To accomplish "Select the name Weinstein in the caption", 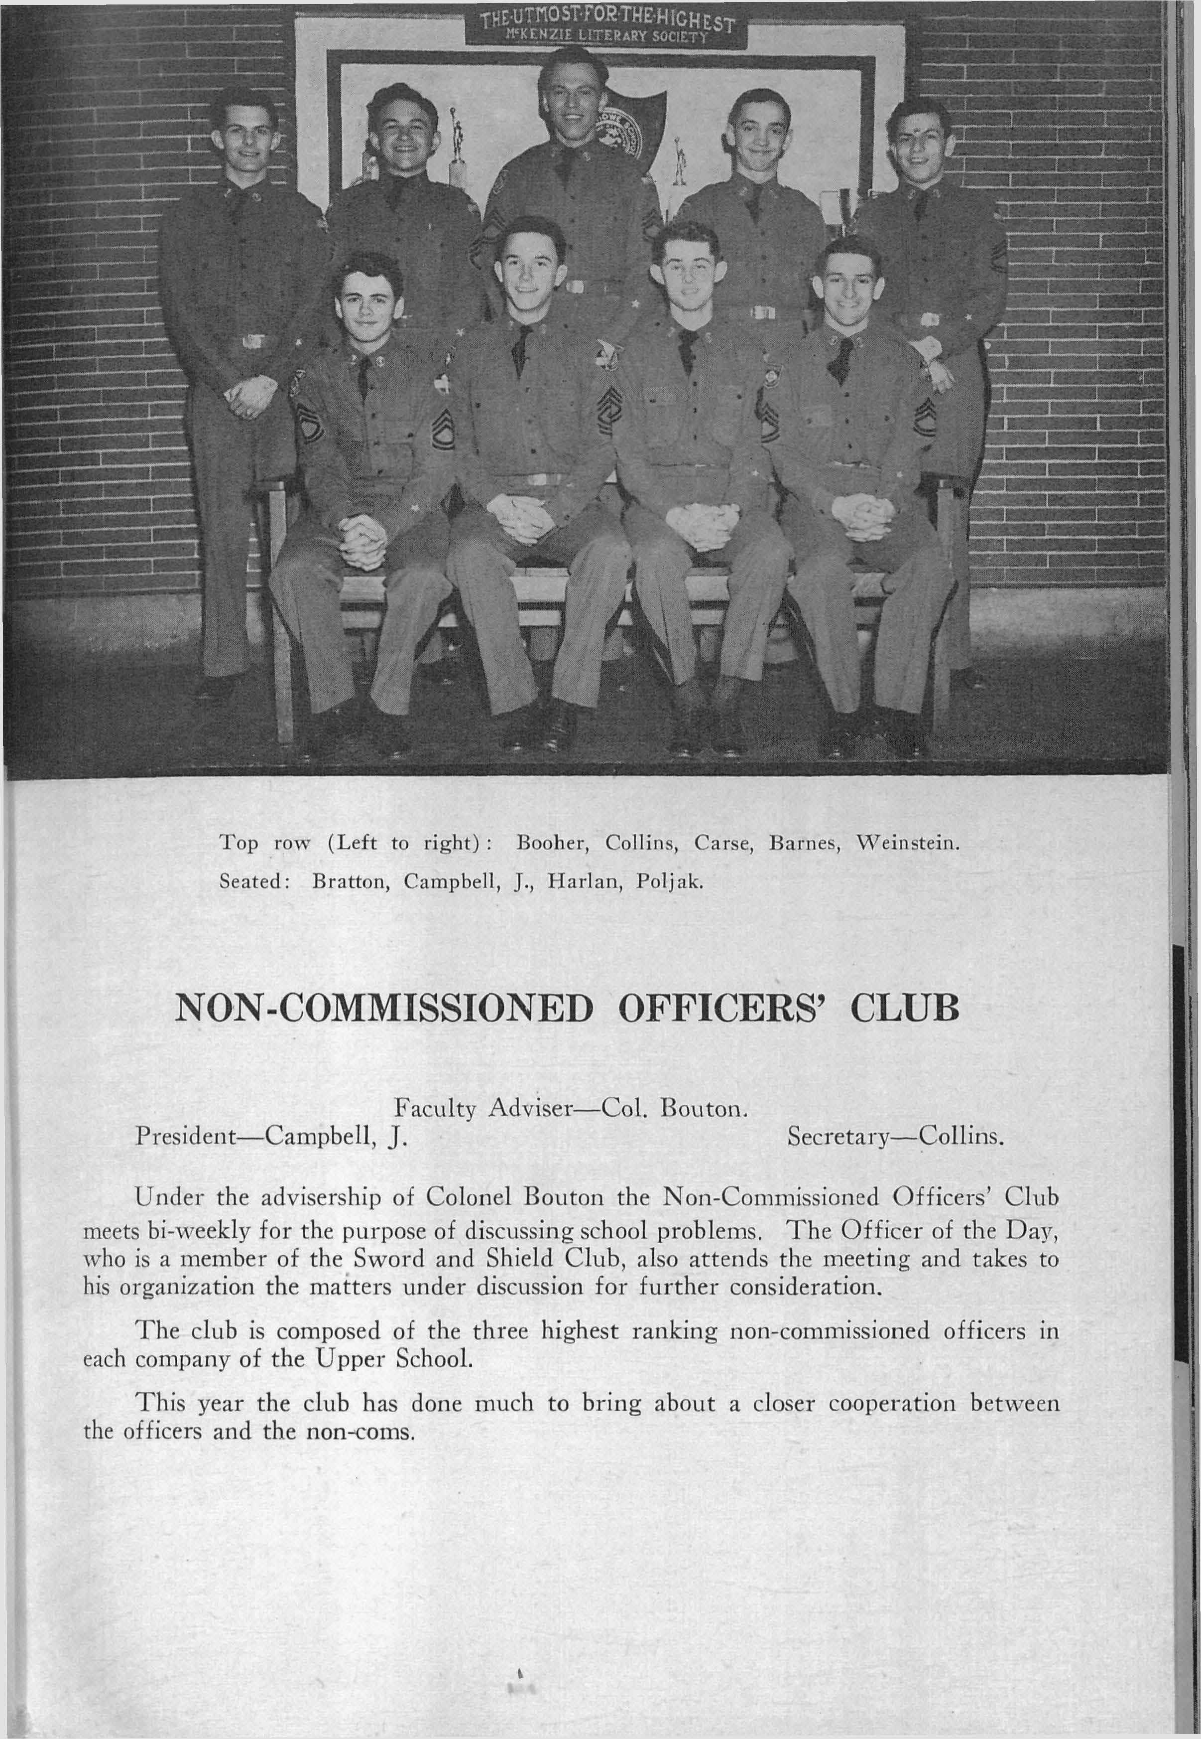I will (908, 843).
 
